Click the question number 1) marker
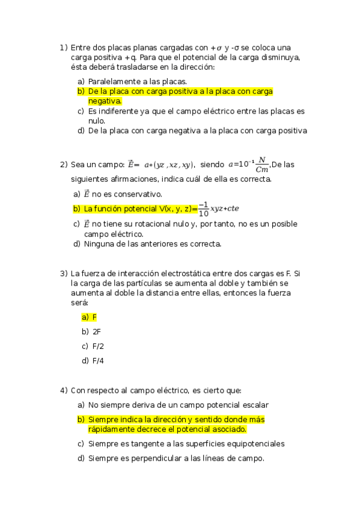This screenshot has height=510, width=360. (x=64, y=47)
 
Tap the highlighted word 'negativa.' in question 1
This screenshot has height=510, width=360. (x=105, y=101)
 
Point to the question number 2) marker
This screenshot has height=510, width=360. (x=64, y=164)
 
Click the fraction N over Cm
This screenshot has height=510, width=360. (x=261, y=164)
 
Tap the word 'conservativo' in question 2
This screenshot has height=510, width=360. (x=140, y=194)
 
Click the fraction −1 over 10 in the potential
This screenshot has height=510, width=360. (x=203, y=209)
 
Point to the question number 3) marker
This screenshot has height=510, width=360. (x=64, y=274)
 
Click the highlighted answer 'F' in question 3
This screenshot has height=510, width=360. (x=94, y=316)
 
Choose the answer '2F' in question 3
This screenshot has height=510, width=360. (x=96, y=331)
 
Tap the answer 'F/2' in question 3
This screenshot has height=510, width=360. (x=98, y=346)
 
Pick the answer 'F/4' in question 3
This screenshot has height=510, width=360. (x=98, y=361)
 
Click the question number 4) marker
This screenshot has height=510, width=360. (x=64, y=390)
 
